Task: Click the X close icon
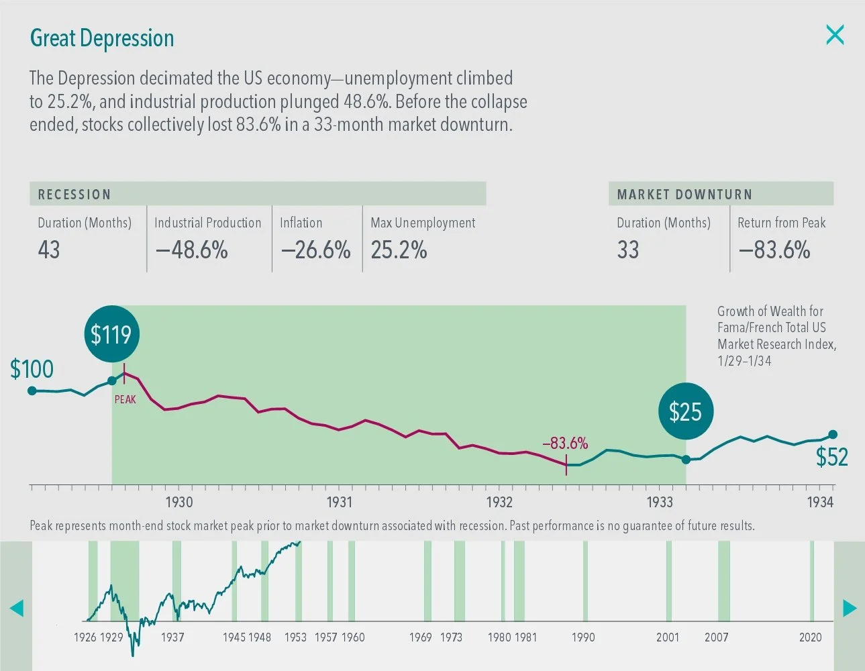click(x=835, y=35)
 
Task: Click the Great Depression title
click(x=102, y=38)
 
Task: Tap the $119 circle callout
click(x=111, y=334)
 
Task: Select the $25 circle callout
click(x=685, y=411)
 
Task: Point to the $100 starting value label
click(x=32, y=369)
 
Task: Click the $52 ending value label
click(x=831, y=457)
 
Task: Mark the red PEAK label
click(x=125, y=399)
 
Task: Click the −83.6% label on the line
click(x=565, y=443)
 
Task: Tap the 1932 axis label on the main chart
click(x=499, y=502)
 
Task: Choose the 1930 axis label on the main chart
click(x=179, y=502)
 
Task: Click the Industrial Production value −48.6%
click(x=192, y=250)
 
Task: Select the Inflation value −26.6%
click(x=315, y=250)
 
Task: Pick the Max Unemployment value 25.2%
click(x=399, y=250)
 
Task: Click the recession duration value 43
click(x=49, y=250)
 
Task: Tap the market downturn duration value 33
click(x=628, y=250)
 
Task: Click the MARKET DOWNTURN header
click(x=684, y=195)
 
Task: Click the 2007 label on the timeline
click(x=716, y=637)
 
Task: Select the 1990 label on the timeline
click(x=583, y=637)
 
